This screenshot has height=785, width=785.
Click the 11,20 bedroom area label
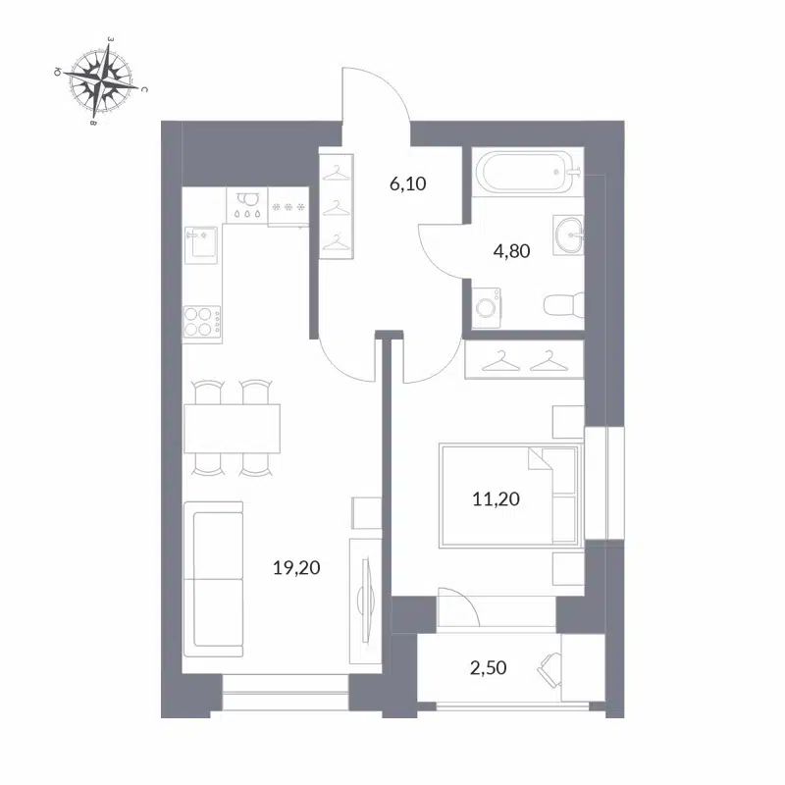(496, 498)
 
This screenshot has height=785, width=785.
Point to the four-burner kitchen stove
(202, 321)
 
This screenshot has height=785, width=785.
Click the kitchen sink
(202, 242)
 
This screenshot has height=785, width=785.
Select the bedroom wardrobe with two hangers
(523, 361)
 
